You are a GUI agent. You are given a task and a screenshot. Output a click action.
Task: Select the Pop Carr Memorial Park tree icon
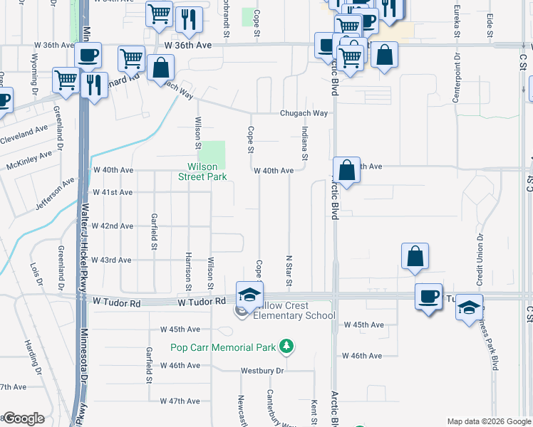(x=286, y=347)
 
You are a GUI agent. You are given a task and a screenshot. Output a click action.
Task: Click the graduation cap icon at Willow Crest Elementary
(x=249, y=294)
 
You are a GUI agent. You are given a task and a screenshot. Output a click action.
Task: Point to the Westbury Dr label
(x=262, y=371)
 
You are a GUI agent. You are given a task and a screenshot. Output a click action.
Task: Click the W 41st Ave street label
(x=113, y=192)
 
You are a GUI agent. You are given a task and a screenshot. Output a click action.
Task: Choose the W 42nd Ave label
(x=113, y=226)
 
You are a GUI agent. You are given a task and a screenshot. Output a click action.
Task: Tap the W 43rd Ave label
(x=112, y=260)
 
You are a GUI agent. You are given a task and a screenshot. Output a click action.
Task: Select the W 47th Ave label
(x=180, y=401)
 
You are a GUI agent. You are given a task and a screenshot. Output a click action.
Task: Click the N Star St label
(x=289, y=271)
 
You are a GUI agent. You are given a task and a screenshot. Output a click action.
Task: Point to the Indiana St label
(x=304, y=143)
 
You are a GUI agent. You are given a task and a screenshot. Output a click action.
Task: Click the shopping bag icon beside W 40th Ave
(x=346, y=171)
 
